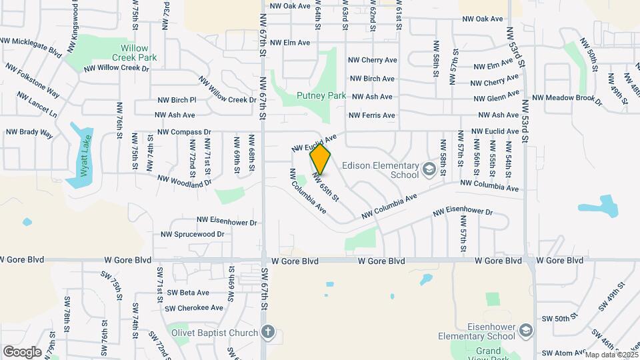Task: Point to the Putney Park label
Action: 321,96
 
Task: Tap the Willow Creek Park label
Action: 139,53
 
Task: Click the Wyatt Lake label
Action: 85,154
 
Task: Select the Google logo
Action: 22,351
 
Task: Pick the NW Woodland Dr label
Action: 184,180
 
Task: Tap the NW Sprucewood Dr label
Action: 192,235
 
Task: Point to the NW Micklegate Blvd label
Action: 31,45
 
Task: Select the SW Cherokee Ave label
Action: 194,308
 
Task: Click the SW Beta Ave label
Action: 188,292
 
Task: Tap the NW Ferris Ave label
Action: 371,115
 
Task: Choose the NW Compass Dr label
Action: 184,132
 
